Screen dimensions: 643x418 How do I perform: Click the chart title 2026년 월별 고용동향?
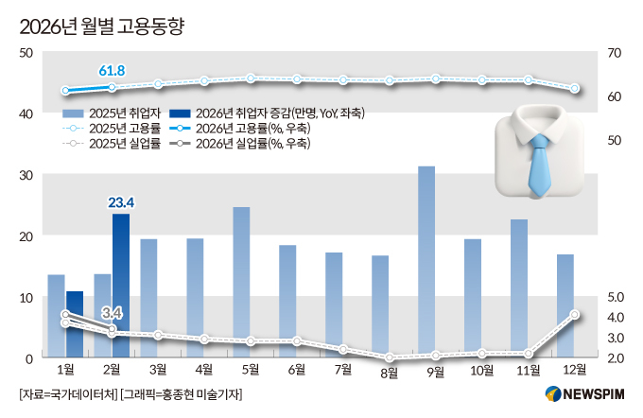coord(102,26)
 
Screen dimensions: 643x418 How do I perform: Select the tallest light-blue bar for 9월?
coord(426,261)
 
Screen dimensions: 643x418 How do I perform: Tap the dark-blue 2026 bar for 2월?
coord(121,285)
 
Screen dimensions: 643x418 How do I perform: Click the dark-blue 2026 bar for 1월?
coord(75,324)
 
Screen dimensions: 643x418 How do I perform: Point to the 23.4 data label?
coord(121,202)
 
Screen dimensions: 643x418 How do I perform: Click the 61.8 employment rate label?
coord(112,71)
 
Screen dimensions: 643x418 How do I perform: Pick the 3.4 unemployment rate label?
coord(112,313)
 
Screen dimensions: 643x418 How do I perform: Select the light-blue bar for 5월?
coord(241,282)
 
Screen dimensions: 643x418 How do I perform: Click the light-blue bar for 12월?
coord(565,305)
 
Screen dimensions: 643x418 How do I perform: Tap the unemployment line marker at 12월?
coord(575,315)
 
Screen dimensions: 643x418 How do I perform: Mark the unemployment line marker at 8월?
coord(390,357)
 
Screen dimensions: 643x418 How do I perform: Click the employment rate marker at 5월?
coord(251,78)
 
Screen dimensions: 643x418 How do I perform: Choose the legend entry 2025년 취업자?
coord(112,113)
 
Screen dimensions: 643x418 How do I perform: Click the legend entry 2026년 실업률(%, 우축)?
coord(239,144)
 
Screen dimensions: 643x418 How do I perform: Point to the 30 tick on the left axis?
coord(26,176)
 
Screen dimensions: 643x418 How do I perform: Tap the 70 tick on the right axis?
coord(615,53)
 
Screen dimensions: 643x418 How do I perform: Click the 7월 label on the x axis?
coord(343,370)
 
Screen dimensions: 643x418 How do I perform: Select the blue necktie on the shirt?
coord(539,165)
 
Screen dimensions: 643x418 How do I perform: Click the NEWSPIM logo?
coord(584,394)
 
